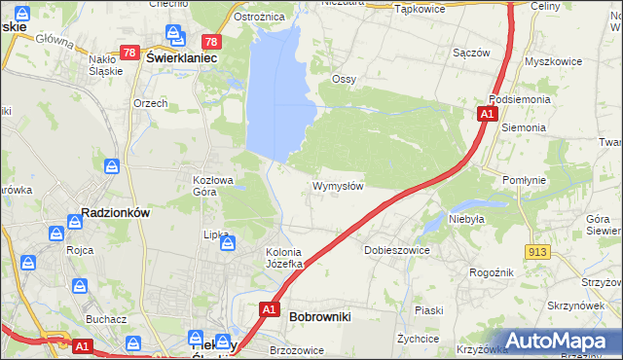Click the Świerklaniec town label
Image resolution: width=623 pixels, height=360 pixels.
click(180, 57)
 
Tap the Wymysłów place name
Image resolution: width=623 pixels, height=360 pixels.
click(338, 186)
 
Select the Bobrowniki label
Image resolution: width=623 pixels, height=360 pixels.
click(320, 316)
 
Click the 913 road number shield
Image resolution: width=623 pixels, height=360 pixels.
click(535, 252)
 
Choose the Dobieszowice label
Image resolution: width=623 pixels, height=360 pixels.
click(396, 250)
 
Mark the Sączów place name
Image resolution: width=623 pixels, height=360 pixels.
click(470, 53)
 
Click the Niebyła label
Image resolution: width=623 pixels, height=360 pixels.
click(466, 219)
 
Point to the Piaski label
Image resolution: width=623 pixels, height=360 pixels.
click(428, 310)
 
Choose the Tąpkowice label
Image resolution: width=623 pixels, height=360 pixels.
click(420, 8)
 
